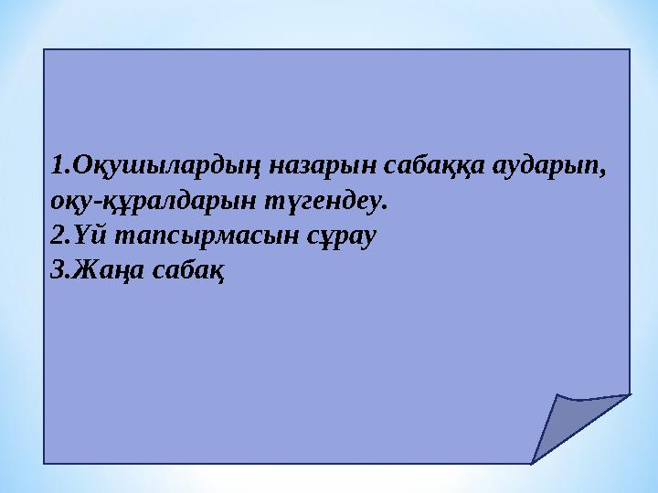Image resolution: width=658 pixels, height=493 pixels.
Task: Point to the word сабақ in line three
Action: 187,269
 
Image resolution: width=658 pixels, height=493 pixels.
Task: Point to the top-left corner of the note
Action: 45,49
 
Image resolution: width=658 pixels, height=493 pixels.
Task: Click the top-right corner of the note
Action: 630,49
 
